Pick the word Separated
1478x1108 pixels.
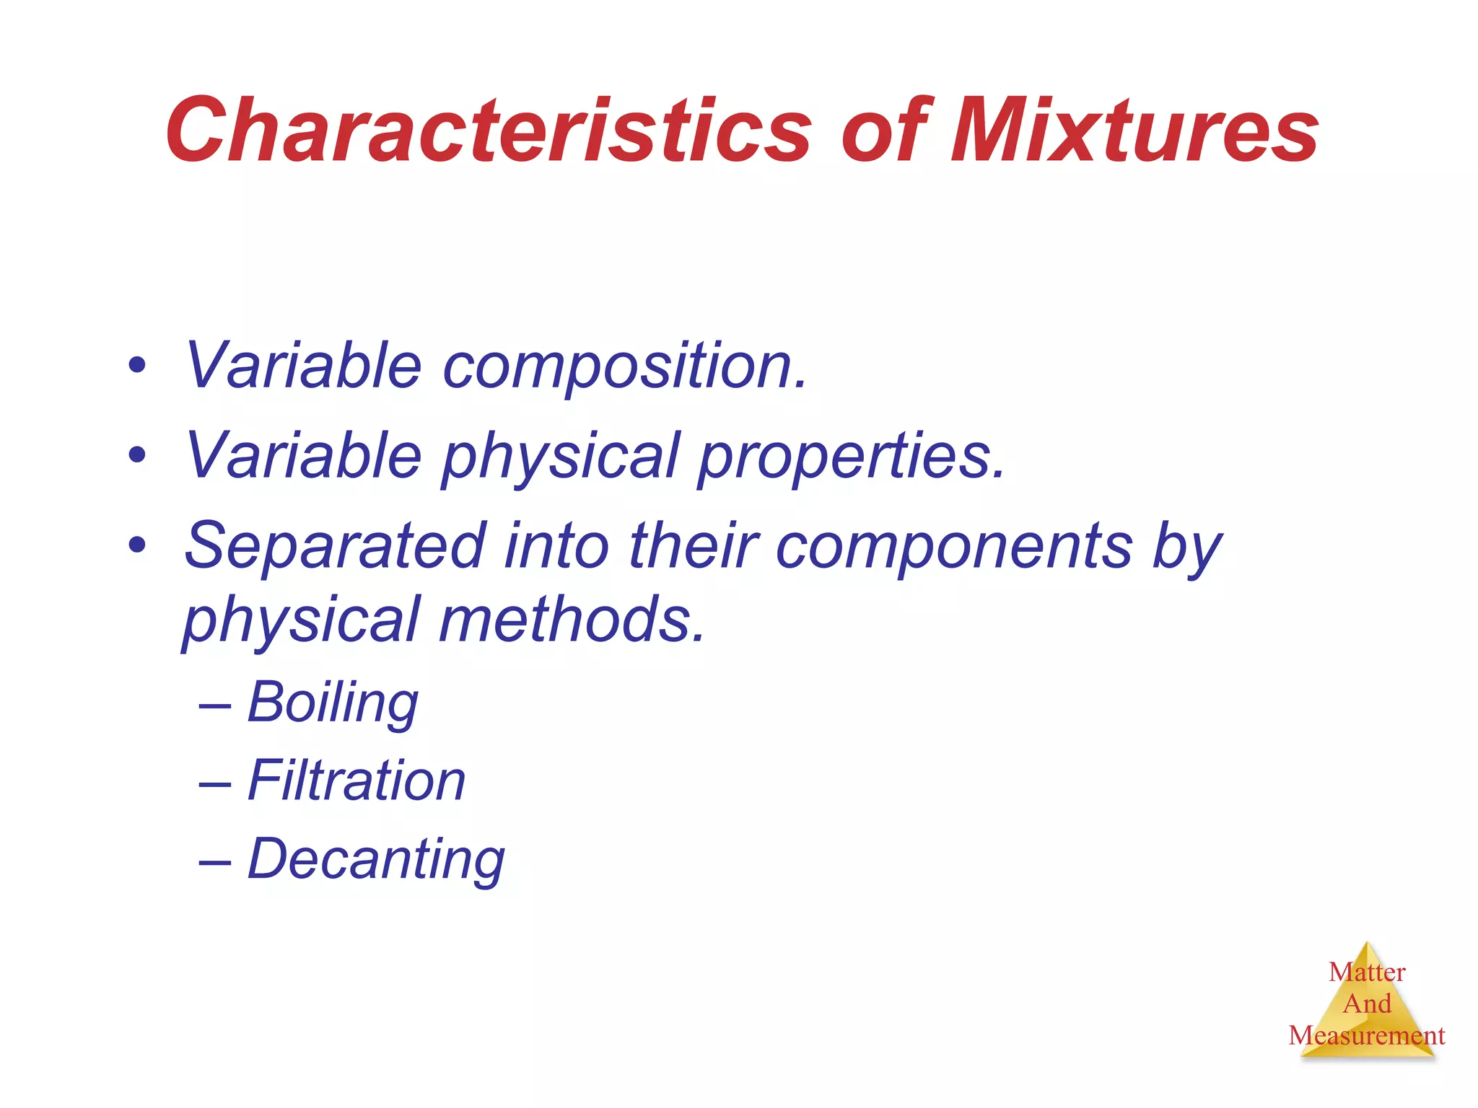point(336,546)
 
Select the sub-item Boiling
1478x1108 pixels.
point(333,703)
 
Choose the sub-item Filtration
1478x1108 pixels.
point(357,781)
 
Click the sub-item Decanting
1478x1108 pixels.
point(376,860)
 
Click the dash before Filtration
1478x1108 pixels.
point(215,782)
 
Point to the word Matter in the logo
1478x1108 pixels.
point(1367,972)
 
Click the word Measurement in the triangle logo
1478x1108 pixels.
point(1367,1036)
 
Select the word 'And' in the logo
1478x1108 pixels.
point(1367,1004)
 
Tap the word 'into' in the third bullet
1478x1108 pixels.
point(556,546)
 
